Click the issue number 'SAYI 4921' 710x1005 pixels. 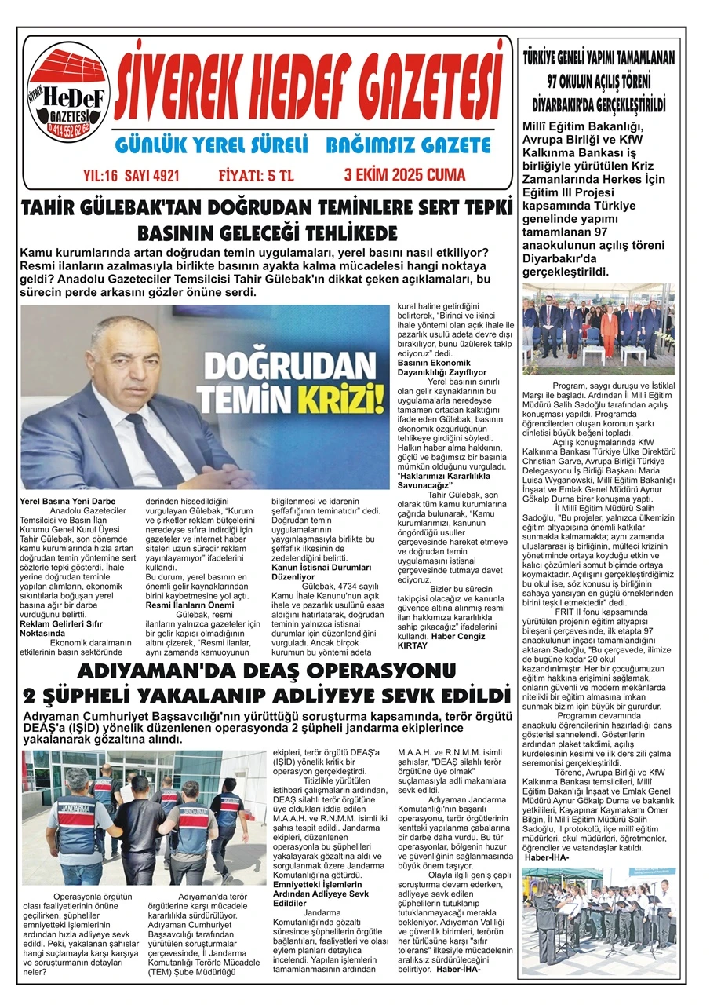coord(149,175)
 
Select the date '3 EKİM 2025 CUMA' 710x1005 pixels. coord(404,174)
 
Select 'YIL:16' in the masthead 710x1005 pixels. coord(99,175)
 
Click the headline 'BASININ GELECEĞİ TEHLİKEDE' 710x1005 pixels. coord(267,233)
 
